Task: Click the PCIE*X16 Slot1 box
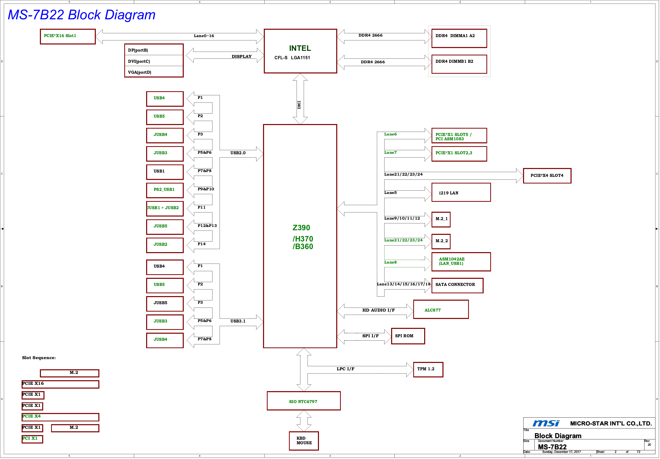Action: [68, 37]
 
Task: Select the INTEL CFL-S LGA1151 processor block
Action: [300, 51]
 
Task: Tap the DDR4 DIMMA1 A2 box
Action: [459, 38]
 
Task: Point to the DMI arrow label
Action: [299, 105]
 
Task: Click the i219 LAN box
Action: [461, 192]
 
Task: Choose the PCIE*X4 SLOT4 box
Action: [547, 176]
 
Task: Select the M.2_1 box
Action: [441, 219]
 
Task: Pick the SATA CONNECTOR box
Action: [457, 285]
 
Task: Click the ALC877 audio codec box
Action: [441, 309]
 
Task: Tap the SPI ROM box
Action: [408, 336]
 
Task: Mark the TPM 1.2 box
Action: [428, 369]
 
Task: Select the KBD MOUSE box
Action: [304, 441]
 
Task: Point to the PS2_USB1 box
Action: [165, 190]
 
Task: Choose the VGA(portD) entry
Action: [140, 72]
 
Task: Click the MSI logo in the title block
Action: [546, 423]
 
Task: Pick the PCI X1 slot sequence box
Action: [32, 439]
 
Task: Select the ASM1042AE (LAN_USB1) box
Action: [461, 262]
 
